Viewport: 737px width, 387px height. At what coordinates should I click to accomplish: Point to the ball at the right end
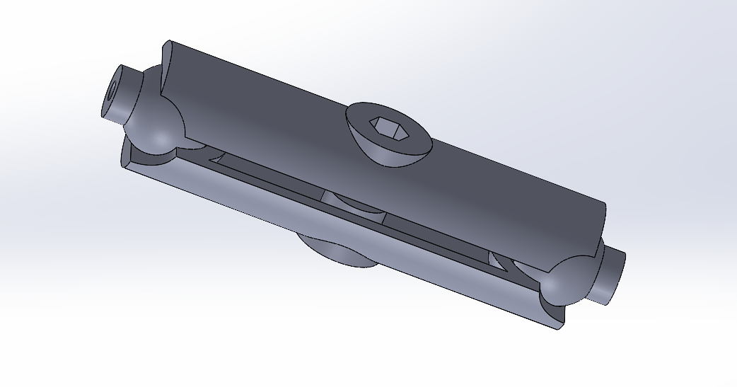(566, 279)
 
